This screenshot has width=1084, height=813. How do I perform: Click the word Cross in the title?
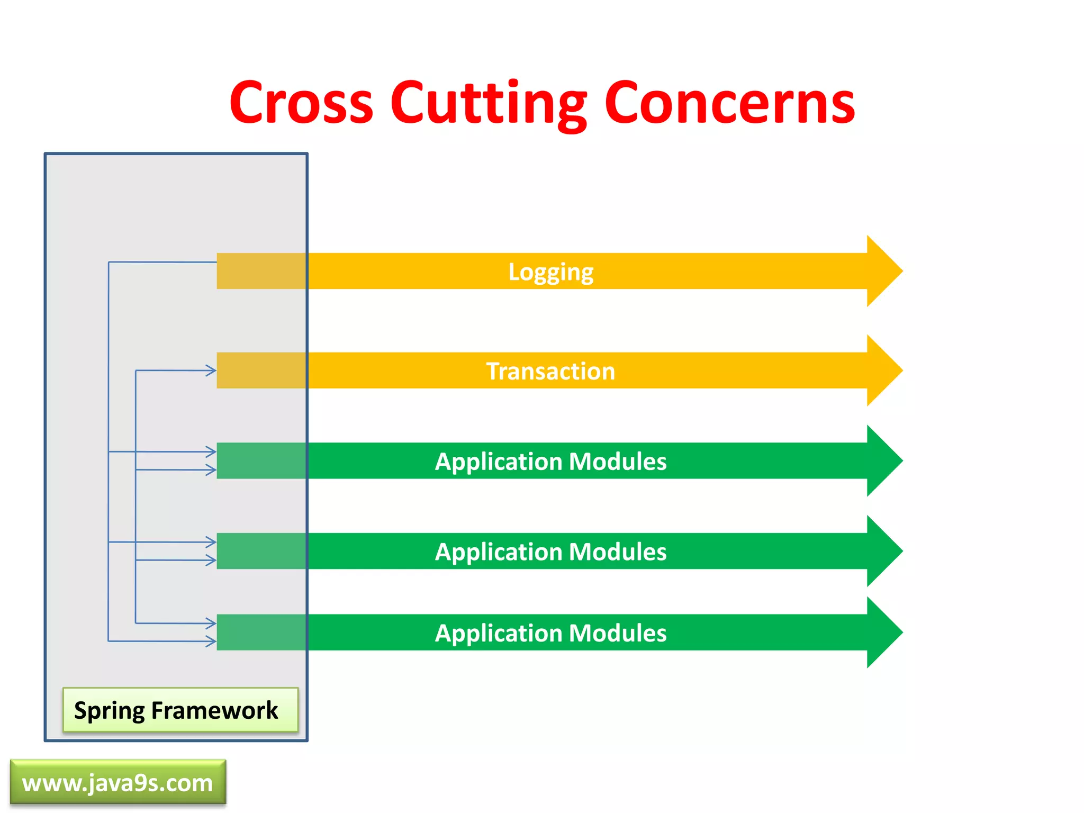(x=302, y=103)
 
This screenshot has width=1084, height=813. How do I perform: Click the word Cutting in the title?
(x=488, y=103)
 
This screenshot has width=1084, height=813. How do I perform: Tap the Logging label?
(x=550, y=272)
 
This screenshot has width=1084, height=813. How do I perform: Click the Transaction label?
(x=550, y=371)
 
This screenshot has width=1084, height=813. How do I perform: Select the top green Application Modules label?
(x=550, y=462)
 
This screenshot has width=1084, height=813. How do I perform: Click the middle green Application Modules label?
(x=550, y=552)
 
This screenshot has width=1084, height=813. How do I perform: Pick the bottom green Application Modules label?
(x=550, y=633)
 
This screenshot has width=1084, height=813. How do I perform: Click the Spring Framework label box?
(x=180, y=710)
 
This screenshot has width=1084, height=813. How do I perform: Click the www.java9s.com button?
(x=118, y=783)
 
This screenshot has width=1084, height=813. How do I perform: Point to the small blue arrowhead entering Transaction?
(x=211, y=371)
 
